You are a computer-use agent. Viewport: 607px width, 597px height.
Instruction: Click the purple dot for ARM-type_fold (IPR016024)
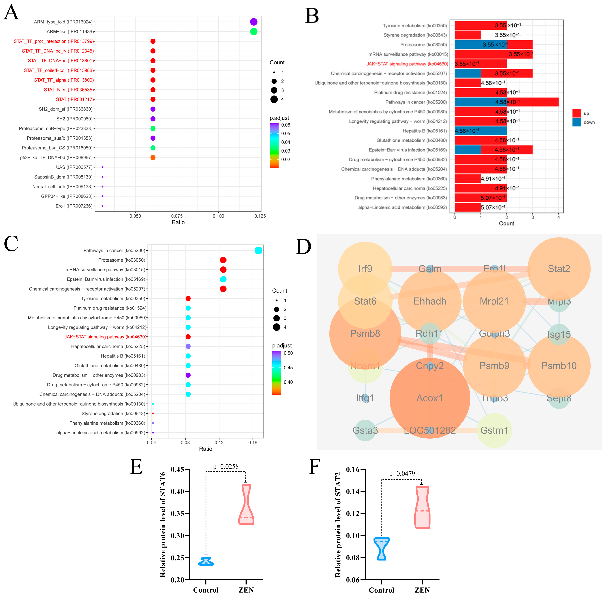pos(254,22)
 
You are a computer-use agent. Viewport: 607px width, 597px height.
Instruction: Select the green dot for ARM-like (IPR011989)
pos(254,31)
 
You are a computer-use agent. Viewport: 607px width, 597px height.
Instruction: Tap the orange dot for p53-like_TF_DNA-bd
pos(153,157)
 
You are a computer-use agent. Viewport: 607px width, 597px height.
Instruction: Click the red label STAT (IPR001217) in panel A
pos(75,99)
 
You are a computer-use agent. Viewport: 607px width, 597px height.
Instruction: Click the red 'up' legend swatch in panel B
pos(576,113)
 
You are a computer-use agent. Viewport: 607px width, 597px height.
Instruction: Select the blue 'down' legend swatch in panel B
pos(576,122)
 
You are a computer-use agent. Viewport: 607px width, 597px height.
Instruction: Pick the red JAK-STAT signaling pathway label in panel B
pos(407,64)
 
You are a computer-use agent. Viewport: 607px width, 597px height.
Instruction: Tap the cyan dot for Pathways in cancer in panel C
pos(258,250)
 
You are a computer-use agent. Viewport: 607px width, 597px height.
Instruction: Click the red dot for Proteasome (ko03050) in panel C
pos(223,260)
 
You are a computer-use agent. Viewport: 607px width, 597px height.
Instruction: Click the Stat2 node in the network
pos(559,269)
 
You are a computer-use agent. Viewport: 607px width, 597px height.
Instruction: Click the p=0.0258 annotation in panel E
pos(226,467)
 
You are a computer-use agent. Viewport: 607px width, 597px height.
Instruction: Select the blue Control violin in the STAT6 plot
pos(206,561)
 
